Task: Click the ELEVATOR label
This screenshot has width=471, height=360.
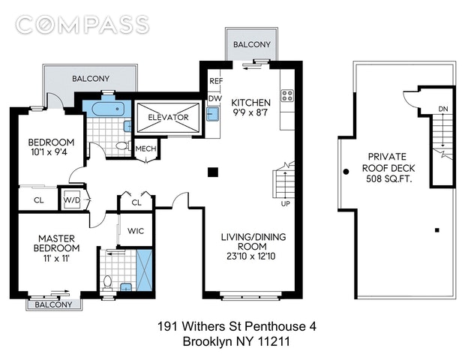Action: [168, 117]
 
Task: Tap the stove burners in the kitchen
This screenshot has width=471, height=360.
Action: [286, 96]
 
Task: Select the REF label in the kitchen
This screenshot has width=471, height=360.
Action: [216, 81]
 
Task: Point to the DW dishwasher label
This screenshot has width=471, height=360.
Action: [215, 98]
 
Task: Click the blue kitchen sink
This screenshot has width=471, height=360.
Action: [213, 114]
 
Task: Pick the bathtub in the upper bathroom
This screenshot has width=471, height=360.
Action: [108, 109]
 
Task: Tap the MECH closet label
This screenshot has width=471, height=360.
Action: [146, 148]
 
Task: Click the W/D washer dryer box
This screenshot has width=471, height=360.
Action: [72, 199]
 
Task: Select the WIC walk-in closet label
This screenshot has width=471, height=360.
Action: [136, 231]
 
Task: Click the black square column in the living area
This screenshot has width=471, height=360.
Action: [213, 172]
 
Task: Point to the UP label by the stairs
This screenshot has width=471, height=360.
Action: [285, 203]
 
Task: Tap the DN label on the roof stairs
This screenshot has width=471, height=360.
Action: [443, 109]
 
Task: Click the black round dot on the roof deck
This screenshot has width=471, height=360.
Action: [346, 172]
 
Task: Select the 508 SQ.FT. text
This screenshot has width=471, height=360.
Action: [389, 178]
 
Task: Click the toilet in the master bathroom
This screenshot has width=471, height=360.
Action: [107, 283]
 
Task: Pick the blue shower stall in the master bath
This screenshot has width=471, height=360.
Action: [144, 269]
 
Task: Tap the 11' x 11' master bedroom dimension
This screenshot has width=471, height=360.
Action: [56, 258]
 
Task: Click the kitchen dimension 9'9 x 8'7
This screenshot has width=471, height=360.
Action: [250, 112]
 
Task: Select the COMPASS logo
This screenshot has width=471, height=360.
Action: [82, 25]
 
